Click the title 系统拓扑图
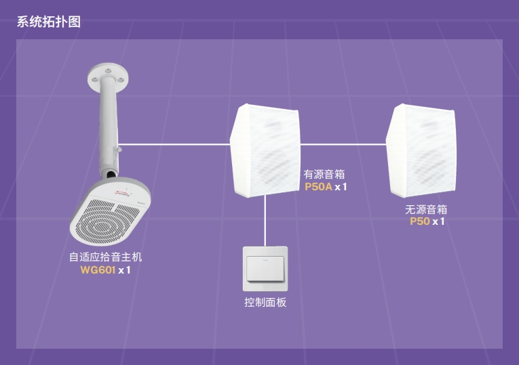pos(49,22)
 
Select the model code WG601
pos(98,270)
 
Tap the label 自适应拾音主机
pos(106,257)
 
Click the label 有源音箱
pos(324,175)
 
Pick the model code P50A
pos(318,187)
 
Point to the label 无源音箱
pos(426,209)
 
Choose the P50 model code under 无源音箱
pos(419,221)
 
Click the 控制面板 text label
pos(265,303)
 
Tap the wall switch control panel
pos(265,268)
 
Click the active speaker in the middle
pos(265,150)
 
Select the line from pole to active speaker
pos(176,144)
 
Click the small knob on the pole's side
pos(119,148)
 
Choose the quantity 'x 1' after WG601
pos(124,270)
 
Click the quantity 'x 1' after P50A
pos(341,187)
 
